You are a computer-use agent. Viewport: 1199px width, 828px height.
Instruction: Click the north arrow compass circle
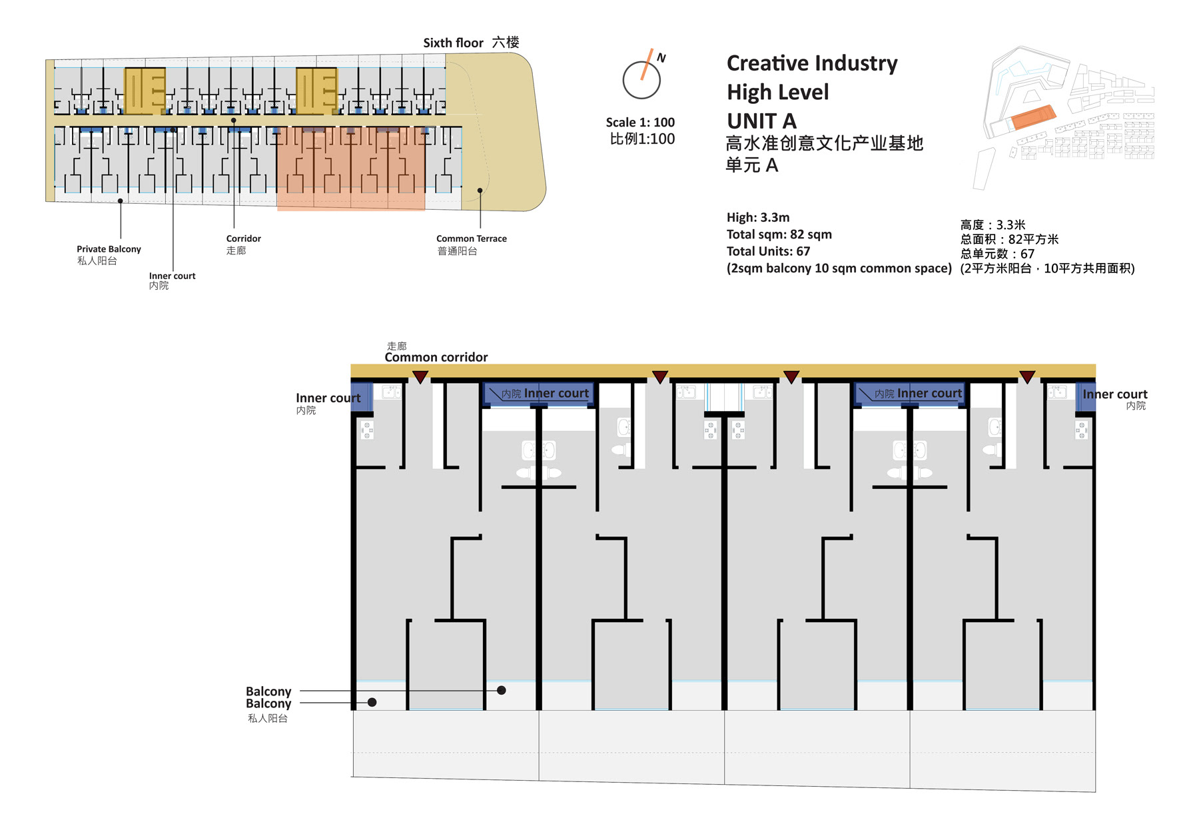[641, 80]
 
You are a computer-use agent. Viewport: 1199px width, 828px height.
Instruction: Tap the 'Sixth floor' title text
[453, 43]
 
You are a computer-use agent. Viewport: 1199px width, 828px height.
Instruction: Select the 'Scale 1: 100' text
[640, 123]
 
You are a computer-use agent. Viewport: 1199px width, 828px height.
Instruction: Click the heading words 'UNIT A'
[761, 121]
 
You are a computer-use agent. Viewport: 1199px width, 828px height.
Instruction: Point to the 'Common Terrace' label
[471, 238]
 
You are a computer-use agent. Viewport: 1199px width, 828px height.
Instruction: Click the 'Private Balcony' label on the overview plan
[109, 249]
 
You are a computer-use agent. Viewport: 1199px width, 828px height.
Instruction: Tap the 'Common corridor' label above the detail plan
[436, 357]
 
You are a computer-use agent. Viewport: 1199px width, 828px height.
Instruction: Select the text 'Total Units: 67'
[768, 251]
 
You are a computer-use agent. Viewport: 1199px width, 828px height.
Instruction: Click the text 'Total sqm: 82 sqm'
[779, 234]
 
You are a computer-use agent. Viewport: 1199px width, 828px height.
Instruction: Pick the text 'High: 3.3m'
[758, 217]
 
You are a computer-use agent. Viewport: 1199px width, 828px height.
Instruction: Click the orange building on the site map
[1033, 117]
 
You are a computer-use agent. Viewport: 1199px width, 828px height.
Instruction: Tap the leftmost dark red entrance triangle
[420, 377]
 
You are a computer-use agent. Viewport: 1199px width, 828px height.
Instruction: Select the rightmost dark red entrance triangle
[1027, 377]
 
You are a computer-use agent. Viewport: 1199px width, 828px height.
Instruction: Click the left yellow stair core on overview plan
[145, 90]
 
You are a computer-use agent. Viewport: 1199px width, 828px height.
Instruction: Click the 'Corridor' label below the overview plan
[243, 238]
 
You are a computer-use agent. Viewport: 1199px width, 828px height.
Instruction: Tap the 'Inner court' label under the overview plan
[172, 276]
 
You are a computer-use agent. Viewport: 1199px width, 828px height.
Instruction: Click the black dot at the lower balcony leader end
[372, 702]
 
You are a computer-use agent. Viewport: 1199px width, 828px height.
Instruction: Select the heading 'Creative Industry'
[812, 63]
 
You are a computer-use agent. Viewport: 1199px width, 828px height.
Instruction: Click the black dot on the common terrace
[480, 191]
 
